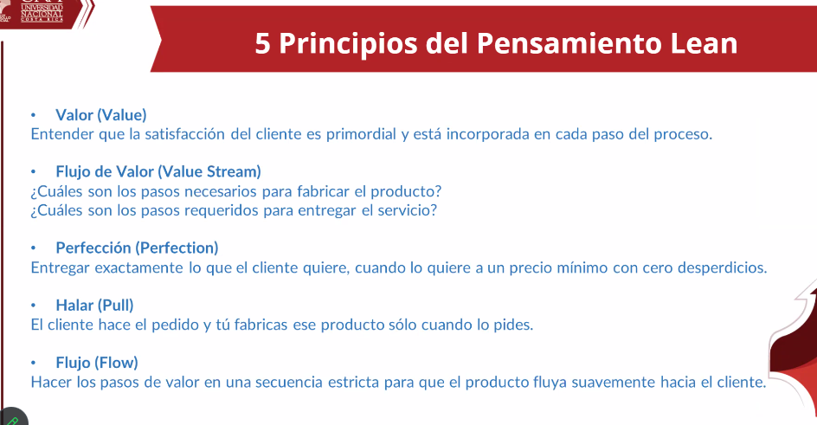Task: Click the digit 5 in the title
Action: pos(262,43)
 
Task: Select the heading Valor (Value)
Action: pos(101,115)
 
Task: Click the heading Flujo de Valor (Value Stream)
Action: pos(158,172)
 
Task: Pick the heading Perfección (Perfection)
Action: pos(137,248)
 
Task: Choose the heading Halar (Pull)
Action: pos(95,306)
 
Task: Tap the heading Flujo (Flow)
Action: pos(97,363)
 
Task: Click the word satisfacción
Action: pos(185,134)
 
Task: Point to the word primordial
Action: pos(361,134)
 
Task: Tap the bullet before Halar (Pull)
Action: pos(34,306)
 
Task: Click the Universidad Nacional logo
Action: pos(42,11)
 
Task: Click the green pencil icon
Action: pos(11,420)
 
